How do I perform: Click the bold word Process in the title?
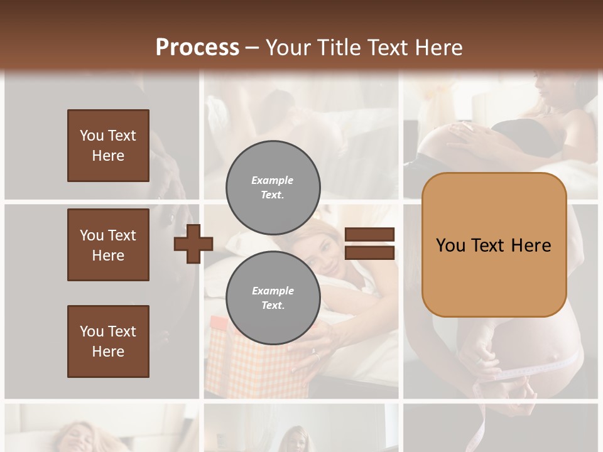coord(197,48)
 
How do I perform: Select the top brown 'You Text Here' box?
coord(108,146)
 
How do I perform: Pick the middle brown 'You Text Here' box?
coord(108,245)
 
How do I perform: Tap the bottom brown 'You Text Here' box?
coord(108,342)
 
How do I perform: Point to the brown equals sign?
coord(370,244)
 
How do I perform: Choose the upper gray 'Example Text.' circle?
coord(273,187)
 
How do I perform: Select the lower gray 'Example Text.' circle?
coord(273,298)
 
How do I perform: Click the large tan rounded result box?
coord(494,244)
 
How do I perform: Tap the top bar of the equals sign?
coord(370,235)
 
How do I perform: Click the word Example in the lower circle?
coord(273,291)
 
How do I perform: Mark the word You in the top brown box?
coord(92,136)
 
